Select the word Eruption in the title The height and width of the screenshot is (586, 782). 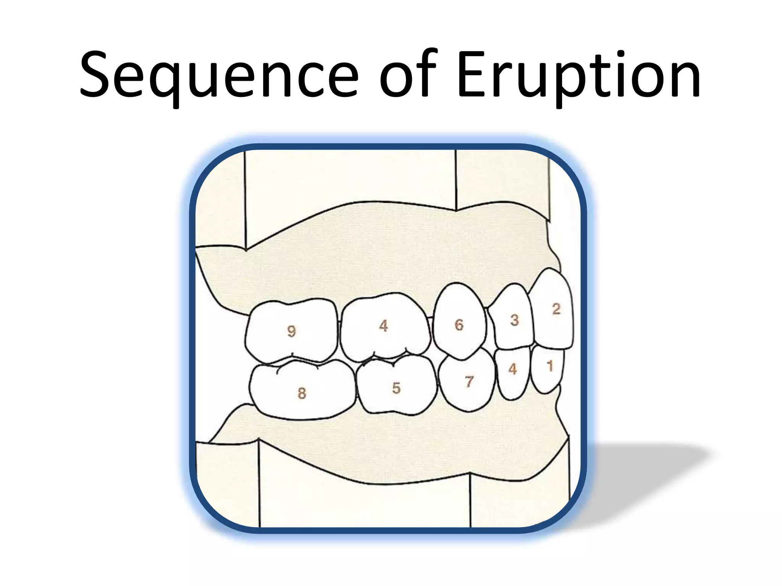coord(579,76)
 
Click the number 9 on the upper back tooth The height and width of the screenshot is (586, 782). coord(291,331)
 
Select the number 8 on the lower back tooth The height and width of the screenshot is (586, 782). coord(302,393)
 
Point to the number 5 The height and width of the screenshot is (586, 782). coord(396,388)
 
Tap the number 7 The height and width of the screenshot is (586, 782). coord(469,381)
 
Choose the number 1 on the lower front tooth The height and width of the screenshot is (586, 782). coord(550,366)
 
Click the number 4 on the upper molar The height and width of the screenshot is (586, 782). coord(384,326)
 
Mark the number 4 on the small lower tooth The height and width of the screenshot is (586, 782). coord(512,369)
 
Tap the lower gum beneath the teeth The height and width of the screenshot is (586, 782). coord(382,450)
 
